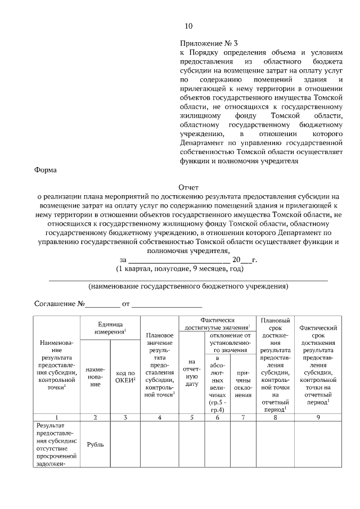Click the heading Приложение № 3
coord(205,43)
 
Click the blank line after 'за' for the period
coord(179,259)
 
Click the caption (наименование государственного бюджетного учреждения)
coord(188,286)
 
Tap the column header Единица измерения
coord(111,328)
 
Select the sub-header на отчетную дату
coord(192,375)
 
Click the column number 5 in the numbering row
coord(192,417)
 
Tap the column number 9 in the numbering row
coord(318,417)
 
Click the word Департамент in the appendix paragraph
coord(206,144)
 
